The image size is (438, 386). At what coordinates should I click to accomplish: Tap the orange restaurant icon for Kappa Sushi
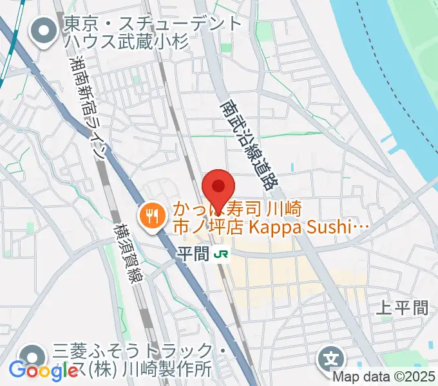tap(152, 216)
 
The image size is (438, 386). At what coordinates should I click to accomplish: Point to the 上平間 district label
tap(402, 308)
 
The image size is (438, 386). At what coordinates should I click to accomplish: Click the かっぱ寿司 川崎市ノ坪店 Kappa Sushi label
tap(271, 218)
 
